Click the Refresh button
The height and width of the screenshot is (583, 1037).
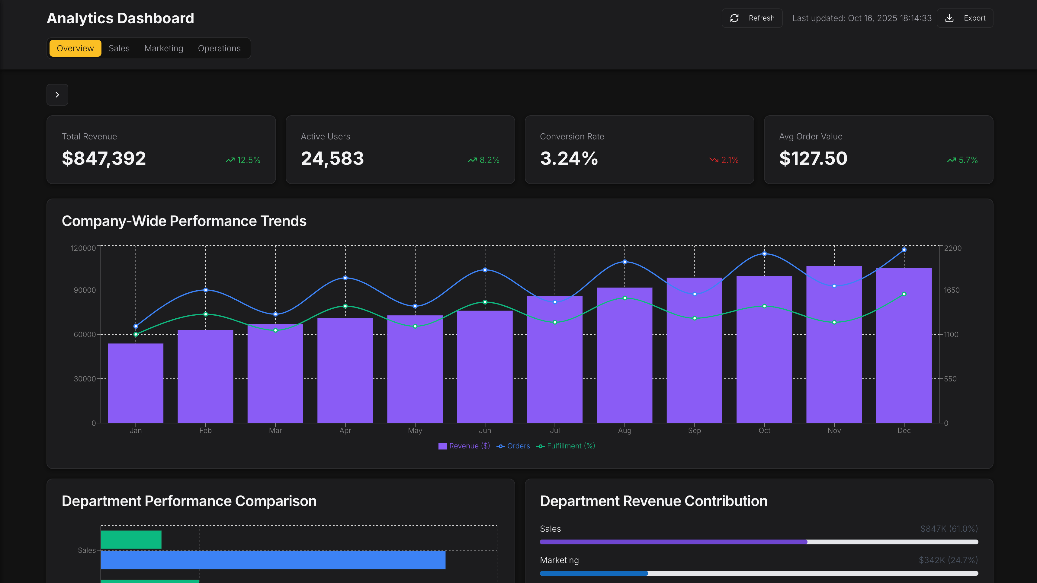tap(752, 18)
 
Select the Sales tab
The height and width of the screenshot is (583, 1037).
tap(119, 48)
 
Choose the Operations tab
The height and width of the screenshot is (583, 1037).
tap(219, 48)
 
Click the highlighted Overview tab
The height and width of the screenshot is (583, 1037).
tap(75, 48)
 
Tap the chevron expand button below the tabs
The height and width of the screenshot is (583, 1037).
tap(57, 95)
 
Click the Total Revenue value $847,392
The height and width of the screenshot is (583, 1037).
tap(104, 158)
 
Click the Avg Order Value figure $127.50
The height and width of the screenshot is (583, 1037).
tap(813, 158)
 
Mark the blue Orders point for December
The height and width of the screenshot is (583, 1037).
tap(904, 250)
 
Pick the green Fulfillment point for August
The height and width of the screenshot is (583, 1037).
tap(624, 298)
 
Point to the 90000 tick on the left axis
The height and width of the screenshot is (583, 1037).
tap(85, 290)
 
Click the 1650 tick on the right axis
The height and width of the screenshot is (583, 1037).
tap(951, 290)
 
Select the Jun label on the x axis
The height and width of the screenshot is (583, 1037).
tap(485, 431)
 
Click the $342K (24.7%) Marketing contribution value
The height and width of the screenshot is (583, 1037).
tap(948, 560)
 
